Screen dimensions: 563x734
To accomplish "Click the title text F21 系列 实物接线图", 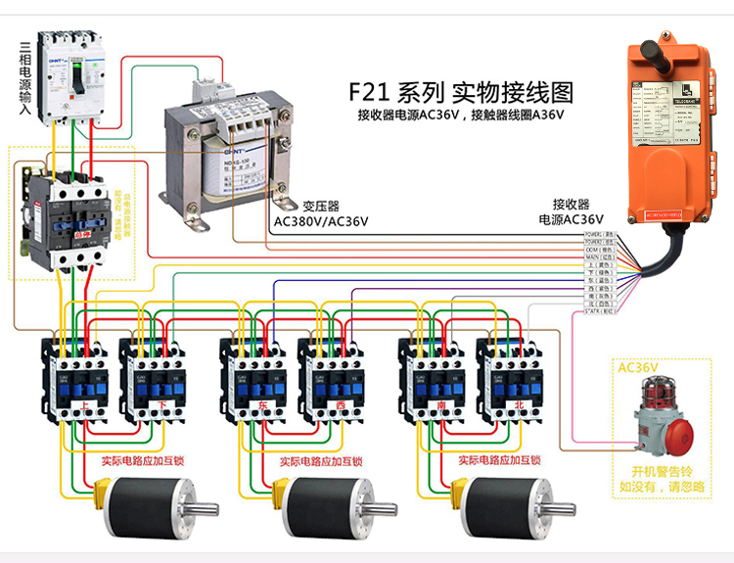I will (461, 93).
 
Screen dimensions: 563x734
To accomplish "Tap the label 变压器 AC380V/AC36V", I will (321, 213).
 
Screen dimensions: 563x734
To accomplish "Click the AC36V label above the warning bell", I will (637, 367).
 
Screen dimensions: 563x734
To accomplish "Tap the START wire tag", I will (598, 311).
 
